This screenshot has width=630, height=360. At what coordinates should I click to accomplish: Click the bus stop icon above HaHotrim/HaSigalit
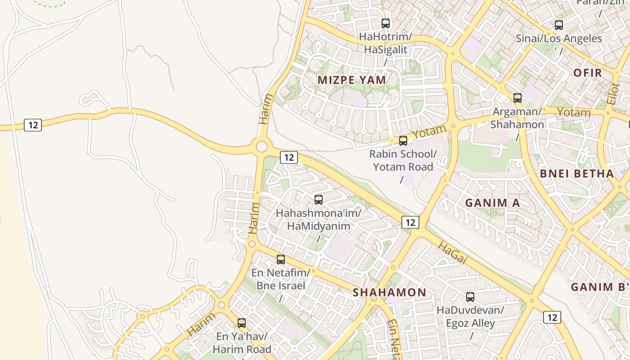pyautogui.click(x=386, y=23)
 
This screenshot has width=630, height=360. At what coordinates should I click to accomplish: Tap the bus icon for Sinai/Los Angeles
pyautogui.click(x=559, y=25)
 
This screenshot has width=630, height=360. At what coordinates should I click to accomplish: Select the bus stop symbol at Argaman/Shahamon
pyautogui.click(x=517, y=98)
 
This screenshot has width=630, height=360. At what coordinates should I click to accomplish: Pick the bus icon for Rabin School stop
pyautogui.click(x=403, y=141)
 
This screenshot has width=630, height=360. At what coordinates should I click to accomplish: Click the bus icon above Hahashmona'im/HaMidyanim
pyautogui.click(x=319, y=200)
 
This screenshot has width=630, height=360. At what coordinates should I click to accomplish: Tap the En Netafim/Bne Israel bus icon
pyautogui.click(x=281, y=260)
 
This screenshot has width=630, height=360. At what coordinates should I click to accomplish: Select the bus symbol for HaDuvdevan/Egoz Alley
pyautogui.click(x=470, y=297)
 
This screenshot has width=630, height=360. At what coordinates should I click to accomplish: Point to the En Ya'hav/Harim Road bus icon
pyautogui.click(x=242, y=323)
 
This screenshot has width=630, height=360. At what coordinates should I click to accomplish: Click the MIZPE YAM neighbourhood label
pyautogui.click(x=352, y=80)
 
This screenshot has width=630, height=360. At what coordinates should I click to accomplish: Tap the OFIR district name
pyautogui.click(x=588, y=73)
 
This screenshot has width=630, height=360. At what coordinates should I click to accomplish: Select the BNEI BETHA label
pyautogui.click(x=577, y=174)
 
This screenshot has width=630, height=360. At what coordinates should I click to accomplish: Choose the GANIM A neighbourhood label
pyautogui.click(x=493, y=203)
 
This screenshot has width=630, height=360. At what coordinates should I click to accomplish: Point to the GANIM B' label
pyautogui.click(x=598, y=287)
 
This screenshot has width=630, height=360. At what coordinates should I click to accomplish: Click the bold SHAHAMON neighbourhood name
pyautogui.click(x=390, y=292)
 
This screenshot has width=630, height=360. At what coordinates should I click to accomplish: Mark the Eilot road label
pyautogui.click(x=612, y=93)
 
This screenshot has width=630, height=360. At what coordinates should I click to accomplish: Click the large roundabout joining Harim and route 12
pyautogui.click(x=261, y=146)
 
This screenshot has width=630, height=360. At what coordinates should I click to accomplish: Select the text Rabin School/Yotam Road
pyautogui.click(x=403, y=160)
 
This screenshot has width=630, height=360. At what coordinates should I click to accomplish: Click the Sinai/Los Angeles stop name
pyautogui.click(x=559, y=39)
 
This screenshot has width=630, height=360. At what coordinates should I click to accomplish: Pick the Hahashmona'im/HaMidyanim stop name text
pyautogui.click(x=319, y=220)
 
